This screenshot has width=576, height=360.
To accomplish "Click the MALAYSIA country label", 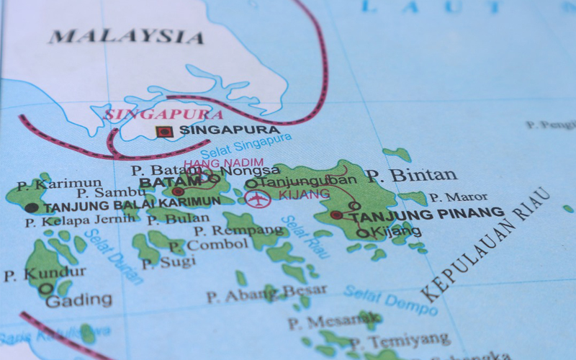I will coord(126,36).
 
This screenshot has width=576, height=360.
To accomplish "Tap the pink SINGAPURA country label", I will coord(163,114).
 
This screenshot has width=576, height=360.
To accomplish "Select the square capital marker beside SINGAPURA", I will coord(165,132).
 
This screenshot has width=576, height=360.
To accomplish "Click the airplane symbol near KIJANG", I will coord(258,198).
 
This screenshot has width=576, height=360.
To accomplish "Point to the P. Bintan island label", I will coord(410,175).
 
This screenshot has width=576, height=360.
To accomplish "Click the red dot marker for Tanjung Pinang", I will coord(336,215).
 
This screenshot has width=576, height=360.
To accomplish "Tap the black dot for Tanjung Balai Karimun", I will coord(31,208).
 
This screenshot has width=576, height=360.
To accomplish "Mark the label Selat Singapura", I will coord(246,146).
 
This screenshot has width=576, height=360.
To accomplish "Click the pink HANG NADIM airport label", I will coord(223,163).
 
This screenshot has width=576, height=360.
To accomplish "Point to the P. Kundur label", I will coord(45,274).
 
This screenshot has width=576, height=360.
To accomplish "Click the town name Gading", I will coord(78,300).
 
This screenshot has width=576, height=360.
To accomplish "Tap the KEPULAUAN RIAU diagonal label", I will coord(486,245).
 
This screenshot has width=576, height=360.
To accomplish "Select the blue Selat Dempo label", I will coord(390,300).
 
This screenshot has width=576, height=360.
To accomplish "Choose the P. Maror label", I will coord(458,197).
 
